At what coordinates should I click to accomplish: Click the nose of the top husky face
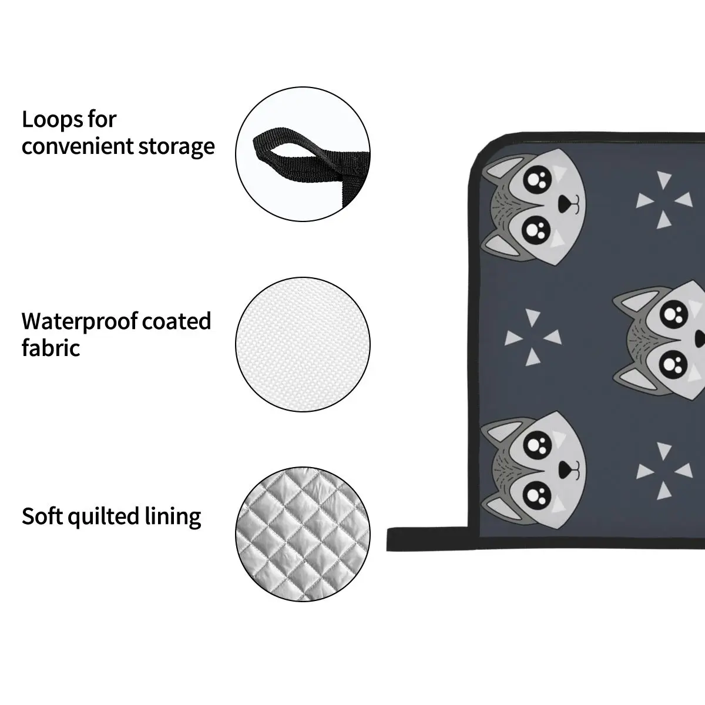coord(565,203)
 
